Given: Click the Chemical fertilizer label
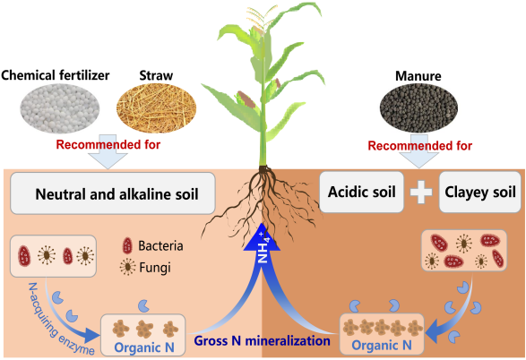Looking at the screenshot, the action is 56,75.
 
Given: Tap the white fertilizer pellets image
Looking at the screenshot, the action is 60,108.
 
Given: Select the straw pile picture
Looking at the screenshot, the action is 156,108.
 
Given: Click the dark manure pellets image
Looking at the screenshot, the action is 418,108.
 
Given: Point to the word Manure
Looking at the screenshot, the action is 418,76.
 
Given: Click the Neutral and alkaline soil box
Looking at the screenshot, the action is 113,193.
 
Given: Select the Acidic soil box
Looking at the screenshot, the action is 362,192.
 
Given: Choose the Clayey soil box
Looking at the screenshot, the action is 480,192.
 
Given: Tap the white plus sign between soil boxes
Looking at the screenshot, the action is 421,193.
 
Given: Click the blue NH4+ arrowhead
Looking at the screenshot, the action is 262,238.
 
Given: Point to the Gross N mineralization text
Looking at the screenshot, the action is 263,341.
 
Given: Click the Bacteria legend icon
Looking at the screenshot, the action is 127,245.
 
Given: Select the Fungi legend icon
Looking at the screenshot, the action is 128,267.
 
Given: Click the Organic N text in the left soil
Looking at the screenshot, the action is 144,347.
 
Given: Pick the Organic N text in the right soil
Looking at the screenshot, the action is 382,346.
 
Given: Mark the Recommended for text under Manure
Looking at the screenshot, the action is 420,146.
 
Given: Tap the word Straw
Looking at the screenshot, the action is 156,75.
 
